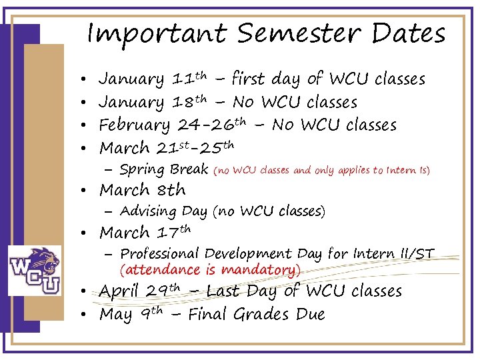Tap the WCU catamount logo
click(34, 270)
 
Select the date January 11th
click(153, 79)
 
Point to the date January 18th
click(153, 102)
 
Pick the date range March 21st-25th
click(166, 147)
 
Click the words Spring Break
click(164, 169)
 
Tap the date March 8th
click(142, 191)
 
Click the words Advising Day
click(164, 212)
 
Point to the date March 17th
click(145, 233)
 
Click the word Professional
click(160, 254)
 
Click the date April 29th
click(139, 291)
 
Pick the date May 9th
click(131, 314)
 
